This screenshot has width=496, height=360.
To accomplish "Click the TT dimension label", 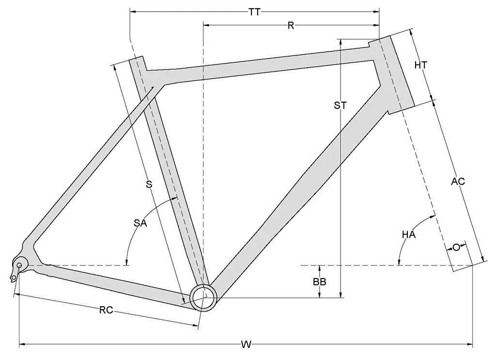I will click(254, 13).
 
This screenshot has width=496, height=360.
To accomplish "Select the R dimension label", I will click(291, 26).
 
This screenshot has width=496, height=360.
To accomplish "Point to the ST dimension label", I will click(341, 106).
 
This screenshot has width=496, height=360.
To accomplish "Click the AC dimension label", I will click(458, 182).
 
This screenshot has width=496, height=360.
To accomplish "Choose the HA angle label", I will click(409, 235).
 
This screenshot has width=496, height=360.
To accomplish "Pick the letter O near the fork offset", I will click(456, 248).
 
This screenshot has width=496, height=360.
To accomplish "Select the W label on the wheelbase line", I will click(246, 345).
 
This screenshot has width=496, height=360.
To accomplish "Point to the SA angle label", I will click(140, 223).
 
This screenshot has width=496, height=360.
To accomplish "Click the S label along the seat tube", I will click(149, 184).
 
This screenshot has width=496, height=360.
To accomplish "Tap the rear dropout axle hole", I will click(20, 265).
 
